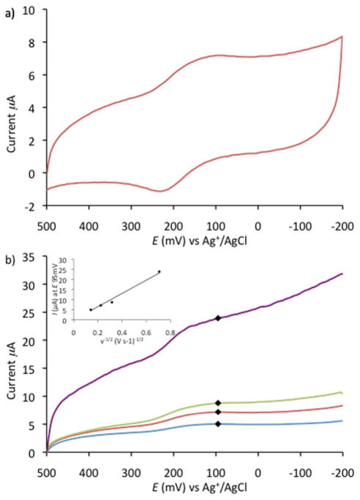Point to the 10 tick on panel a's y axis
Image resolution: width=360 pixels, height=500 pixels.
[x=34, y=10]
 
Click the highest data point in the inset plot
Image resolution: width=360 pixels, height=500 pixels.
[x=159, y=272]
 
